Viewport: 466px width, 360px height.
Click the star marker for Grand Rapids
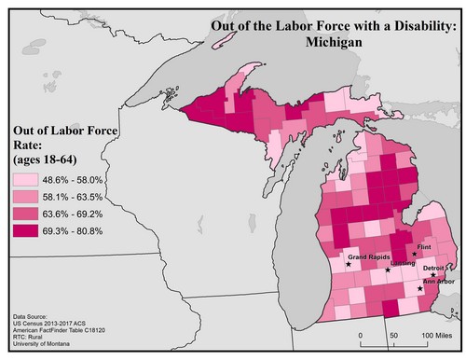coord(349,265)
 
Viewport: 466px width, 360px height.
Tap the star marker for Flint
coord(414,254)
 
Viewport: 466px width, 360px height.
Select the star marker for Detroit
coord(433,275)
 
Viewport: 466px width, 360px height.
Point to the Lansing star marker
coord(388,270)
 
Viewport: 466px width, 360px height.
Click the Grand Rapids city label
coord(367,256)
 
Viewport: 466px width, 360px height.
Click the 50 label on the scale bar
coord(393,335)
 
